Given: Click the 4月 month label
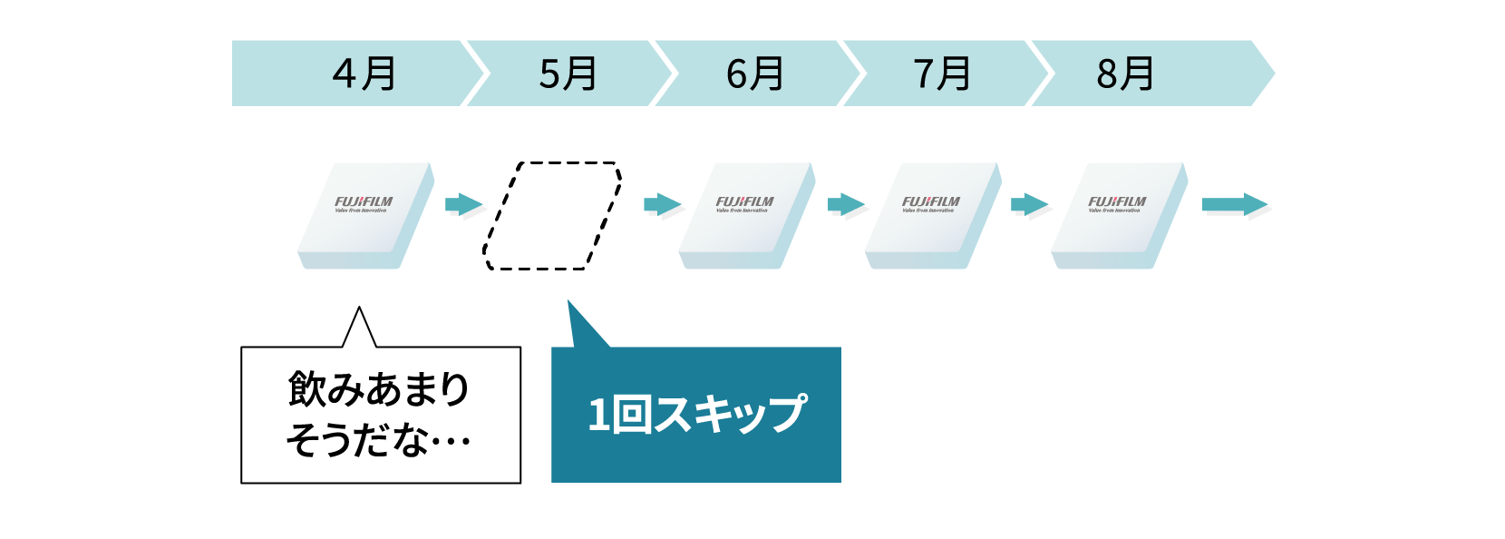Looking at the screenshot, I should point(364,73).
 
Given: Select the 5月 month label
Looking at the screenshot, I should point(568,73).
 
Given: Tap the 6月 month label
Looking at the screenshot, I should point(754,73).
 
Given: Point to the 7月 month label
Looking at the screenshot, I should point(942,73).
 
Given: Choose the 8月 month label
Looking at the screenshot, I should point(1125,73).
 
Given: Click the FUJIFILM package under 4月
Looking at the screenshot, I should point(364,214).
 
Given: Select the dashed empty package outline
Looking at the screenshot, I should point(553,216).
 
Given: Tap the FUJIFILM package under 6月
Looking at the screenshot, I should point(746,214).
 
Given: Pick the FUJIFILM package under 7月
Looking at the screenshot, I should point(932,214).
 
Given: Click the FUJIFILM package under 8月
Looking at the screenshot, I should point(1119,214).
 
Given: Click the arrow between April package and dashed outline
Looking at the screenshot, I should point(463,204).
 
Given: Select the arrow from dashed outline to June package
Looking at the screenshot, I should point(662,204).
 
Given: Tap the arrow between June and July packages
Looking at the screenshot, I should point(846,204).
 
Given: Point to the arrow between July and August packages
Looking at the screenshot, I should point(1029,204).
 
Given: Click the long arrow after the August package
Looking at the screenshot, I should point(1234,204).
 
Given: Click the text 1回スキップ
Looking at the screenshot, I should point(696,415).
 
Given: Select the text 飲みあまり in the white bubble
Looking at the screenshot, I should point(379,389).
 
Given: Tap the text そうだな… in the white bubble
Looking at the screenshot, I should point(379,441).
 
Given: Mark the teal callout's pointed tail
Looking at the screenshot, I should point(580,327).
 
